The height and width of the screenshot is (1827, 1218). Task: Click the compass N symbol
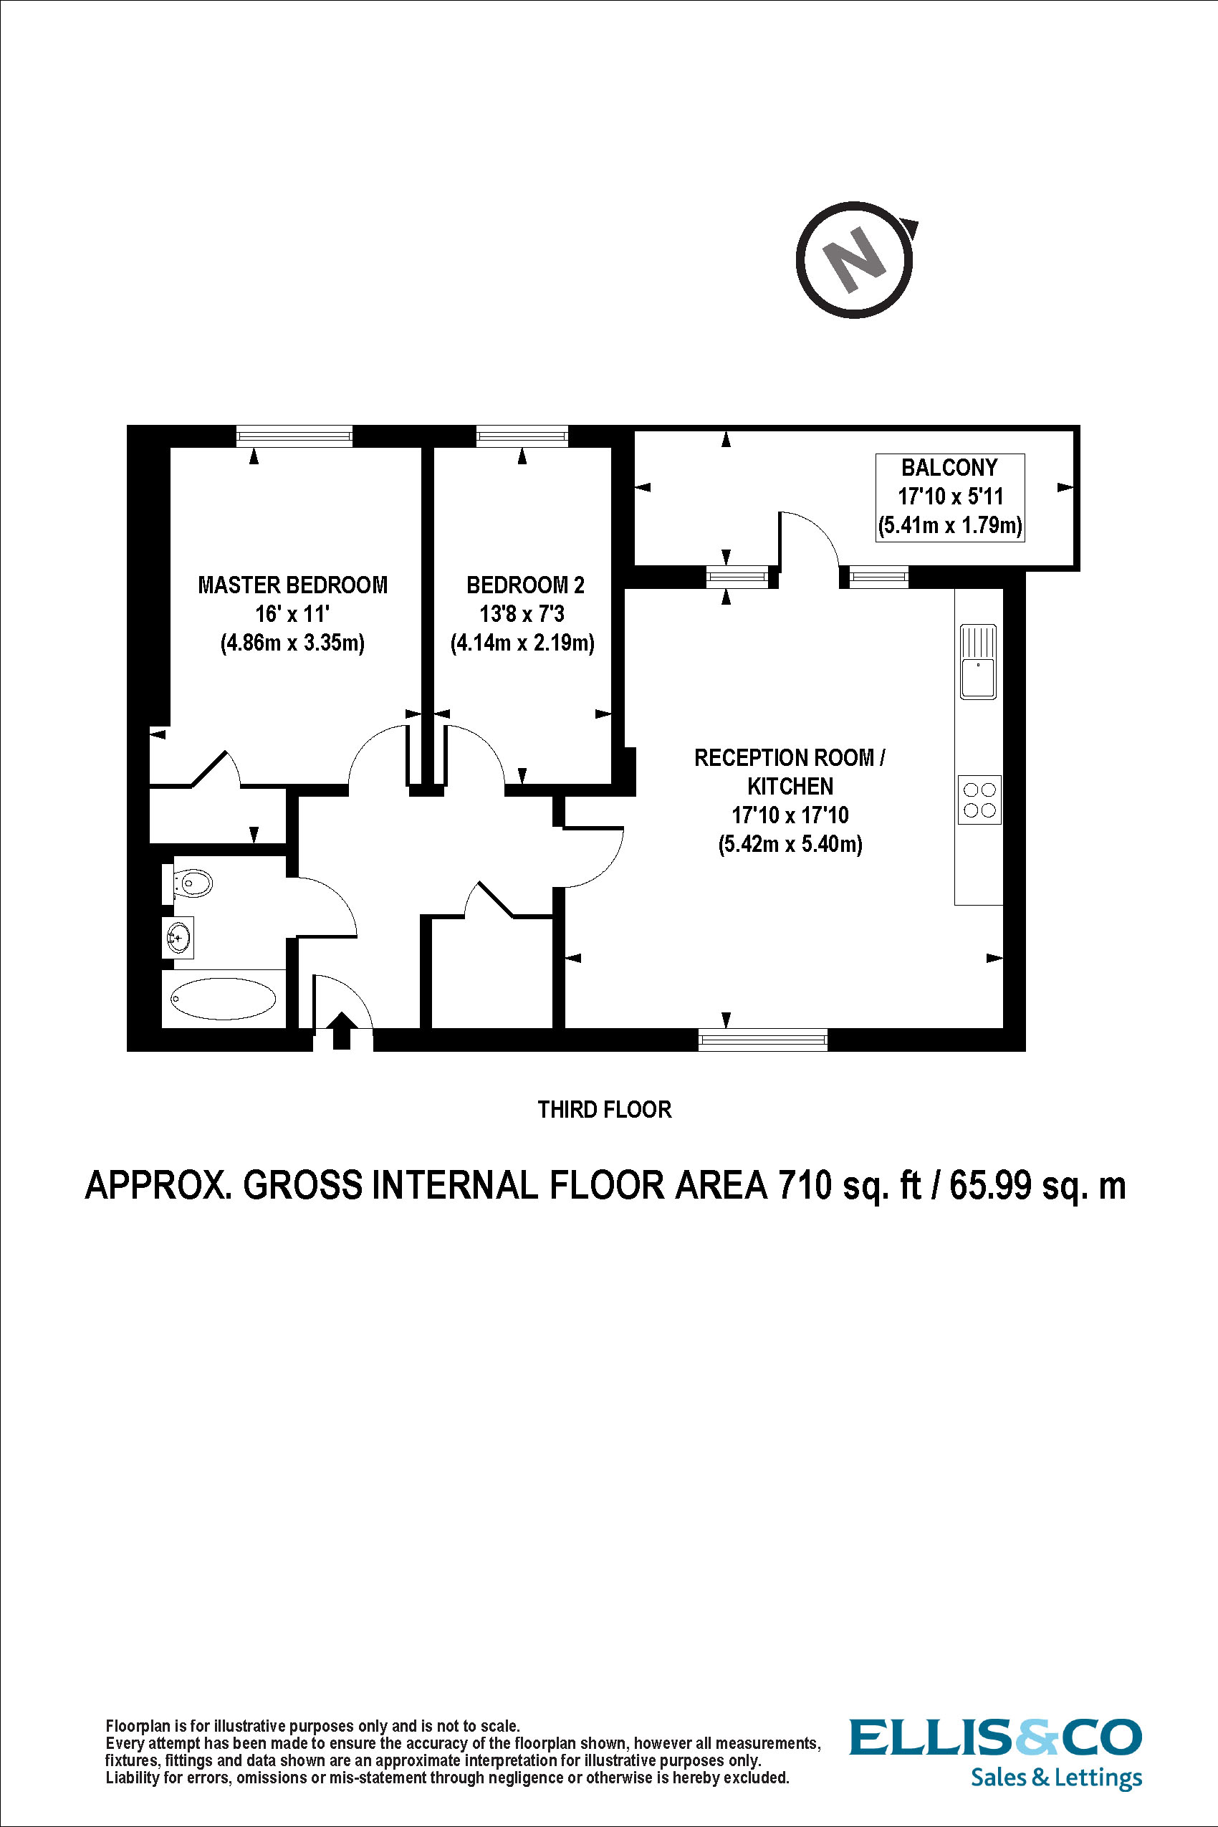[855, 259]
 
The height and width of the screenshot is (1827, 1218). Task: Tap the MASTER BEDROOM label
[292, 585]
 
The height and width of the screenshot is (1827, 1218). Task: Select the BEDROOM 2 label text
[525, 585]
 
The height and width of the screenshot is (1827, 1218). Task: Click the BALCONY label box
[949, 497]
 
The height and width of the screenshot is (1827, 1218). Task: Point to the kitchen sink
[978, 662]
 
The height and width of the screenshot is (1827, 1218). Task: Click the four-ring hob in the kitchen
[979, 800]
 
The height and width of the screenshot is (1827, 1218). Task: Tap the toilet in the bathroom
[191, 883]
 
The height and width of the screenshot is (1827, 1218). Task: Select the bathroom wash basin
[178, 938]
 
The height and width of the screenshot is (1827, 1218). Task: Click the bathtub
[223, 998]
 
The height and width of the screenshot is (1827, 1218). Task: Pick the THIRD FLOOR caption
[604, 1109]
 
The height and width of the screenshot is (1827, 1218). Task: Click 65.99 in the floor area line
[989, 1185]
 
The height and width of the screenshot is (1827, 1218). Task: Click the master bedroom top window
[294, 436]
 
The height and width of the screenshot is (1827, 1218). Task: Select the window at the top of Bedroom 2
[522, 436]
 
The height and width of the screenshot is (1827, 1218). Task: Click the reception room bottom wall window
[763, 1039]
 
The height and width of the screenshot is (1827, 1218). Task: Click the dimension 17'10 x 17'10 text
[790, 815]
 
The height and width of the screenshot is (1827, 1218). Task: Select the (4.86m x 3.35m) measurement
[292, 643]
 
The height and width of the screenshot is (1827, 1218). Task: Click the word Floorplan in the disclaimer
[137, 1726]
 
